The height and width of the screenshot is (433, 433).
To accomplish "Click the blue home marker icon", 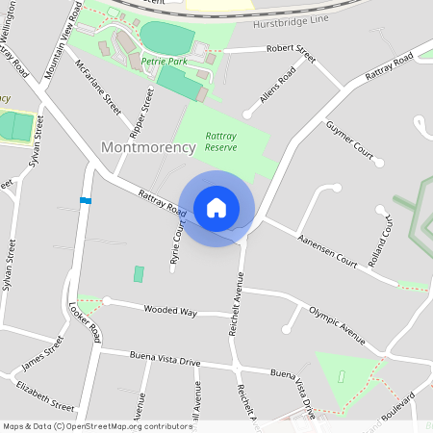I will tap(216, 208).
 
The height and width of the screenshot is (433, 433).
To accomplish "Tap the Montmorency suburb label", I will tap(148, 147).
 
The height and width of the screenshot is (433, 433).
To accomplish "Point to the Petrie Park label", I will tap(163, 61).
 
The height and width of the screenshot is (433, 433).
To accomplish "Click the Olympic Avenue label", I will tap(337, 324).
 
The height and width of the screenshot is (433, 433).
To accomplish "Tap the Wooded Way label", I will tap(169, 312).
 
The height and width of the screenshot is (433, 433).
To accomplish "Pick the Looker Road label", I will tap(85, 320).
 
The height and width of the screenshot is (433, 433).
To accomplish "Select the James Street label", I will tap(41, 354).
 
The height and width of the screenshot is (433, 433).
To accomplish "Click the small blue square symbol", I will tap(86, 200).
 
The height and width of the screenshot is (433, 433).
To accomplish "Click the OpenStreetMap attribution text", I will tap(98, 426).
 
